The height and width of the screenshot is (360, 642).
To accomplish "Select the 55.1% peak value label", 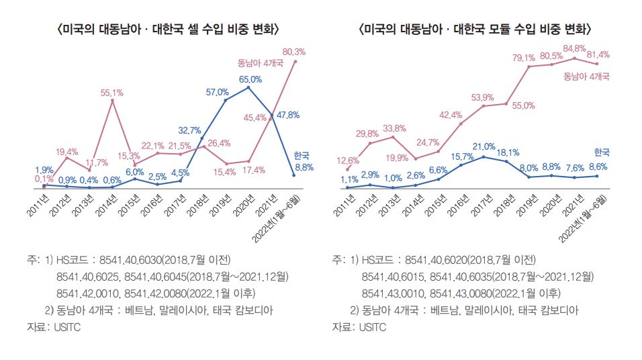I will coord(112,93).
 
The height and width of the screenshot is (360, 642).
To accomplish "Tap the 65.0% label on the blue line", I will coord(249,79).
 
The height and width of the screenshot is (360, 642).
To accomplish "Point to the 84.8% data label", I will coord(575,48).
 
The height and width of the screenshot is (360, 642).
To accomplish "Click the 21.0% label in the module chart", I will coord(484,146).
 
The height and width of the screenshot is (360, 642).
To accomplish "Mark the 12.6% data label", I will coord(348,160).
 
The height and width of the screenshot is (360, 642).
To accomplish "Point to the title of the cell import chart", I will coord(169,30).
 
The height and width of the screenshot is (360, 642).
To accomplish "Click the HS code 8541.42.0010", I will coord(88,293).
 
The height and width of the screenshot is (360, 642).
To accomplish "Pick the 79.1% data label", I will coord(529,57).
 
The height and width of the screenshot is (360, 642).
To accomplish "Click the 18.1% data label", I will coord(508,152).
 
